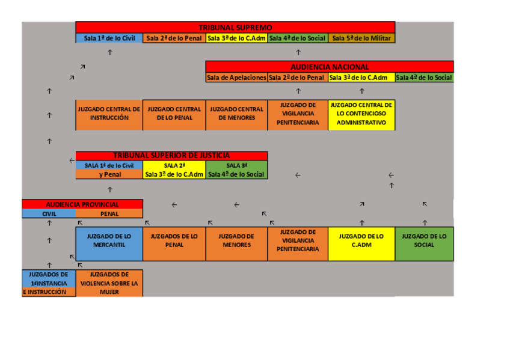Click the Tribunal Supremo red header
coord(235,28)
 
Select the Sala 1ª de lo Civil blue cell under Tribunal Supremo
coord(109,38)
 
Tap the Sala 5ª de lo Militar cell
coord(361,38)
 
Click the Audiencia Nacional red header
coord(330,67)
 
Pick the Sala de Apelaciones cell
coord(236,78)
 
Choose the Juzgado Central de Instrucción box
coord(109,114)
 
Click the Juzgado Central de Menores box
coord(236,114)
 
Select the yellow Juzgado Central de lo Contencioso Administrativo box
coord(361,114)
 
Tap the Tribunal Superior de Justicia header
coord(171,155)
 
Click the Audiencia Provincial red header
coord(82,204)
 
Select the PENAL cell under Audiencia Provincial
coord(109,214)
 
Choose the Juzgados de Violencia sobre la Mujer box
coord(109,283)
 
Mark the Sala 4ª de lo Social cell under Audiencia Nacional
coord(424,78)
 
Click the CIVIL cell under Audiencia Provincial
coord(49,214)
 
